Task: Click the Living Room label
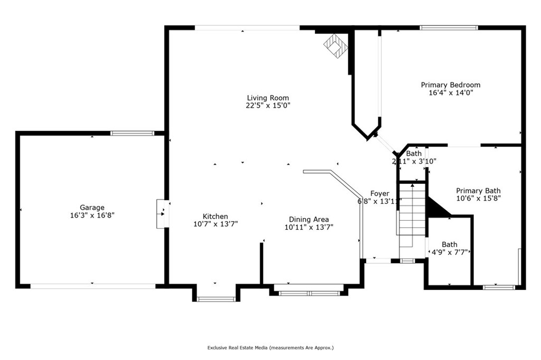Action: click(268, 98)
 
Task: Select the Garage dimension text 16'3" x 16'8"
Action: click(92, 215)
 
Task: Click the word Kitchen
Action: click(216, 216)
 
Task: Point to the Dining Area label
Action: click(309, 220)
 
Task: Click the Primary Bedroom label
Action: click(451, 85)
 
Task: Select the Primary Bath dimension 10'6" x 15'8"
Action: click(478, 198)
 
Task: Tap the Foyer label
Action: click(380, 194)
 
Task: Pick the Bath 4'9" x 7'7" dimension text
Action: click(450, 252)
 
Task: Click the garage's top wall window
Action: click(132, 133)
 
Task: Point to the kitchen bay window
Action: click(216, 299)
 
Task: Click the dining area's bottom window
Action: click(309, 293)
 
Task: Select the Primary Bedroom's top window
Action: click(449, 27)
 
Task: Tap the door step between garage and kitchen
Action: click(161, 214)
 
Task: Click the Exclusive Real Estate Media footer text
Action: click(270, 348)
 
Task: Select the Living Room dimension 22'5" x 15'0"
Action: click(268, 106)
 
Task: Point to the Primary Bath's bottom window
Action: click(499, 287)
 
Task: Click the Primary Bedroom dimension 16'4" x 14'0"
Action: click(451, 93)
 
